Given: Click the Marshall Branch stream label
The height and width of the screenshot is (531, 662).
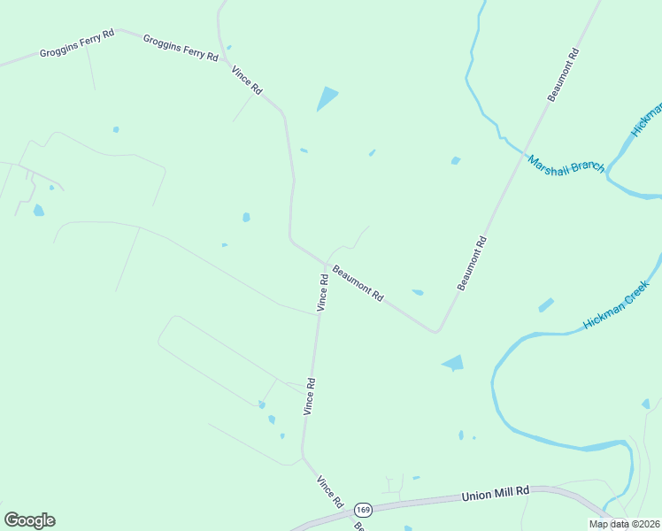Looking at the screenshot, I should tap(566, 165).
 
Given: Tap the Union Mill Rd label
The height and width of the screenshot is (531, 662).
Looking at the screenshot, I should tap(495, 494).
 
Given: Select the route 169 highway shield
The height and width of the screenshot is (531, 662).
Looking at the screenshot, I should tap(363, 511).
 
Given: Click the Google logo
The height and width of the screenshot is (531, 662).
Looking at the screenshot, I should tap(29, 520).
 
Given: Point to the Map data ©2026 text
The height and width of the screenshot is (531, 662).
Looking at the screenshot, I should tap(624, 524).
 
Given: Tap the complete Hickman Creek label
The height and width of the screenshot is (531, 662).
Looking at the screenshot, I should tap(617, 305).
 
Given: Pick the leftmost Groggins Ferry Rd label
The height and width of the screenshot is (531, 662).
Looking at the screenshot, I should tap(77, 43).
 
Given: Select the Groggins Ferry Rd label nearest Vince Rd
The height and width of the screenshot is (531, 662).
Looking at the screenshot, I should tap(181, 48).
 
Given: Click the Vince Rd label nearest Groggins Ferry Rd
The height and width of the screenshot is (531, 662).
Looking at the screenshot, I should tap(247, 81).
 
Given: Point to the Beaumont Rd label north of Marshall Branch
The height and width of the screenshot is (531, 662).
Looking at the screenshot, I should tap(563, 75).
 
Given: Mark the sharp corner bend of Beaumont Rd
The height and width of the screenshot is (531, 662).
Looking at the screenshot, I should tap(436, 332).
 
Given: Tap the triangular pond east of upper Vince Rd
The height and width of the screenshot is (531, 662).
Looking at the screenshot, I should tap(327, 99).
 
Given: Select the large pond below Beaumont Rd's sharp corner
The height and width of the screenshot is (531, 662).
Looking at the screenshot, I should tap(453, 363).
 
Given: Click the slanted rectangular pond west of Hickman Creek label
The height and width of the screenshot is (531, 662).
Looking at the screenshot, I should tap(546, 305).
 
